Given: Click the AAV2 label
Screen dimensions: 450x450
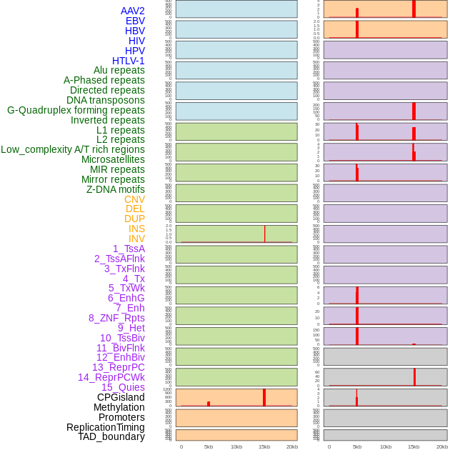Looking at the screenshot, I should pyautogui.click(x=132, y=11).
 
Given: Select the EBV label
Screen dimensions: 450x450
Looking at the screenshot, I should pyautogui.click(x=135, y=21).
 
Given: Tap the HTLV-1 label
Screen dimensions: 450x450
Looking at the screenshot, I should pyautogui.click(x=129, y=61).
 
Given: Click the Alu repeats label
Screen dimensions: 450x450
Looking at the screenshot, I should pyautogui.click(x=119, y=70).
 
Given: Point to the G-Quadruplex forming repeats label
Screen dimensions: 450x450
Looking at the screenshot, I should pyautogui.click(x=76, y=110).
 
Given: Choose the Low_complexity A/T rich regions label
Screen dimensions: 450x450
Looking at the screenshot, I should pyautogui.click(x=73, y=149).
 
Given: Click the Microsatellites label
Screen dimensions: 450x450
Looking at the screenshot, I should pyautogui.click(x=113, y=159).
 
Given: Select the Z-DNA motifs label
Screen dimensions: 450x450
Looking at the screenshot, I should pyautogui.click(x=116, y=189).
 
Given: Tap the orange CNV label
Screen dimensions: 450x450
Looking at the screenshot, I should pyautogui.click(x=134, y=199).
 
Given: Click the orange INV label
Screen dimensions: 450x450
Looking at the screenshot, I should pyautogui.click(x=136, y=239).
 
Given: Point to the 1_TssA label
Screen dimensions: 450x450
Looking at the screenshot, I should pyautogui.click(x=129, y=249).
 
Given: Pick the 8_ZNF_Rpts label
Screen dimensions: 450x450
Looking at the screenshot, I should pyautogui.click(x=116, y=318).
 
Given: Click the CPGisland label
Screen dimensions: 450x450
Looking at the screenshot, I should pyautogui.click(x=121, y=397).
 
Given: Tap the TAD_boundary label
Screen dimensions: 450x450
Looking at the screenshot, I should pyautogui.click(x=111, y=436).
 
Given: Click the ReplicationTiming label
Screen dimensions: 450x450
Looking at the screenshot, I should pyautogui.click(x=106, y=427).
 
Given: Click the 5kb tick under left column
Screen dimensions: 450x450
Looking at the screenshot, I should pyautogui.click(x=209, y=446).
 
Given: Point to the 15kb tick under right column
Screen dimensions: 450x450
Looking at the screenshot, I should pyautogui.click(x=413, y=446).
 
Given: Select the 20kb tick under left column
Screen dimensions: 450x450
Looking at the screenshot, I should pyautogui.click(x=291, y=446).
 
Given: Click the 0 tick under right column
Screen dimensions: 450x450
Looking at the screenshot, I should pyautogui.click(x=329, y=446).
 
